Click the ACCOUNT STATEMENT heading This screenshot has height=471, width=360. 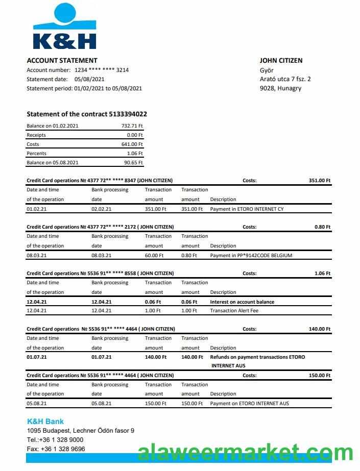(x=62, y=60)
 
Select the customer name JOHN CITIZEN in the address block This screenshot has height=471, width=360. (x=281, y=60)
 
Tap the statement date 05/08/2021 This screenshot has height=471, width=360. (x=89, y=79)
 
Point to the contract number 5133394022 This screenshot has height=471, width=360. (x=128, y=114)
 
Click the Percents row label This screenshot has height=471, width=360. (x=36, y=154)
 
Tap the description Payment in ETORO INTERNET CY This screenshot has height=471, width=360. (x=247, y=209)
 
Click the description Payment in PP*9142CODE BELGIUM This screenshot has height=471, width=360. (x=251, y=256)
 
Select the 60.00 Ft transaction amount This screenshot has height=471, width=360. (x=154, y=256)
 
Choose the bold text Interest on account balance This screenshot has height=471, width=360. (x=242, y=302)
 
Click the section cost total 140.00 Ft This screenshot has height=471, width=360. (x=320, y=329)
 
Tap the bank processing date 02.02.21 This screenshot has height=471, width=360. (x=101, y=209)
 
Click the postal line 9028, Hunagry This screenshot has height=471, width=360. (x=280, y=88)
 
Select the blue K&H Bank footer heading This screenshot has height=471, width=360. (x=45, y=422)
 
